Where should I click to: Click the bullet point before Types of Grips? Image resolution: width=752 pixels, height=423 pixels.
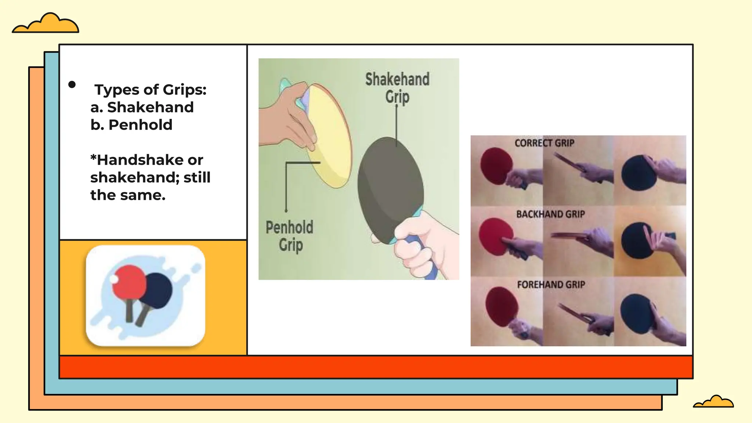pyautogui.click(x=72, y=85)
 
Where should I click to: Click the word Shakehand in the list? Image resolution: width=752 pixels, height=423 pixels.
pyautogui.click(x=150, y=107)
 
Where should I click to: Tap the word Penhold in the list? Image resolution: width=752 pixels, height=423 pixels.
pyautogui.click(x=140, y=125)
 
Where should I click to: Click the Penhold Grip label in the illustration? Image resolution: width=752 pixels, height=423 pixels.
pyautogui.click(x=290, y=236)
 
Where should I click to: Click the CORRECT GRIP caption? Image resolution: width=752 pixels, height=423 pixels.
pyautogui.click(x=544, y=143)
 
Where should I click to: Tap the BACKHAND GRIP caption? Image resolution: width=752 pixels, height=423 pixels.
pyautogui.click(x=550, y=214)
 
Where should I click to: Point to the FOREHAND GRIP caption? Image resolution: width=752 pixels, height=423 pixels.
pyautogui.click(x=551, y=285)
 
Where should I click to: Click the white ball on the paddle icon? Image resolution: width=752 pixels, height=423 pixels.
pyautogui.click(x=114, y=280)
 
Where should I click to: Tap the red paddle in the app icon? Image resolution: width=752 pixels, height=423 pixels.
pyautogui.click(x=129, y=281)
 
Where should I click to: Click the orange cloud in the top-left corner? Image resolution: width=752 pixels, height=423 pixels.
pyautogui.click(x=46, y=24)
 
